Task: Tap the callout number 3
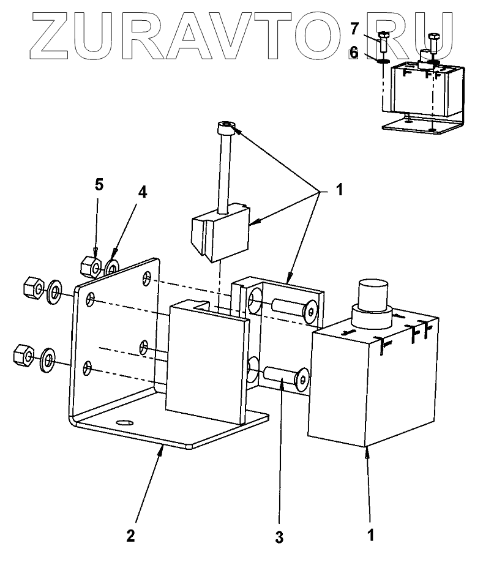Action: [279, 538]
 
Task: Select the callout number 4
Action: [142, 192]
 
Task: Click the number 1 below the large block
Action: [369, 534]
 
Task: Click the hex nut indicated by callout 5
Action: [91, 264]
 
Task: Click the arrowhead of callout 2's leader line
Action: [161, 449]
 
